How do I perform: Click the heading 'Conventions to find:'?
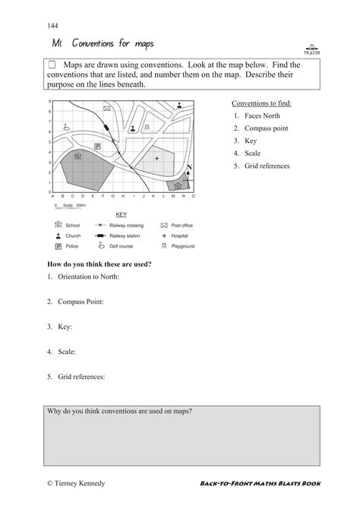(x=261, y=103)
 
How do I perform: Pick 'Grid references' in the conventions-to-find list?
(x=267, y=166)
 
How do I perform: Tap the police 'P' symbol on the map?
(x=97, y=145)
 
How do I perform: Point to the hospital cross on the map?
(x=156, y=158)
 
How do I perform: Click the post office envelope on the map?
(x=107, y=109)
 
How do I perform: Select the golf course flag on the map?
(x=67, y=128)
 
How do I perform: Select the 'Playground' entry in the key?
(x=183, y=246)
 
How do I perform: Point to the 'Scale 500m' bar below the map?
(x=70, y=206)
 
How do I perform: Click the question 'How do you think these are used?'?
(x=99, y=264)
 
